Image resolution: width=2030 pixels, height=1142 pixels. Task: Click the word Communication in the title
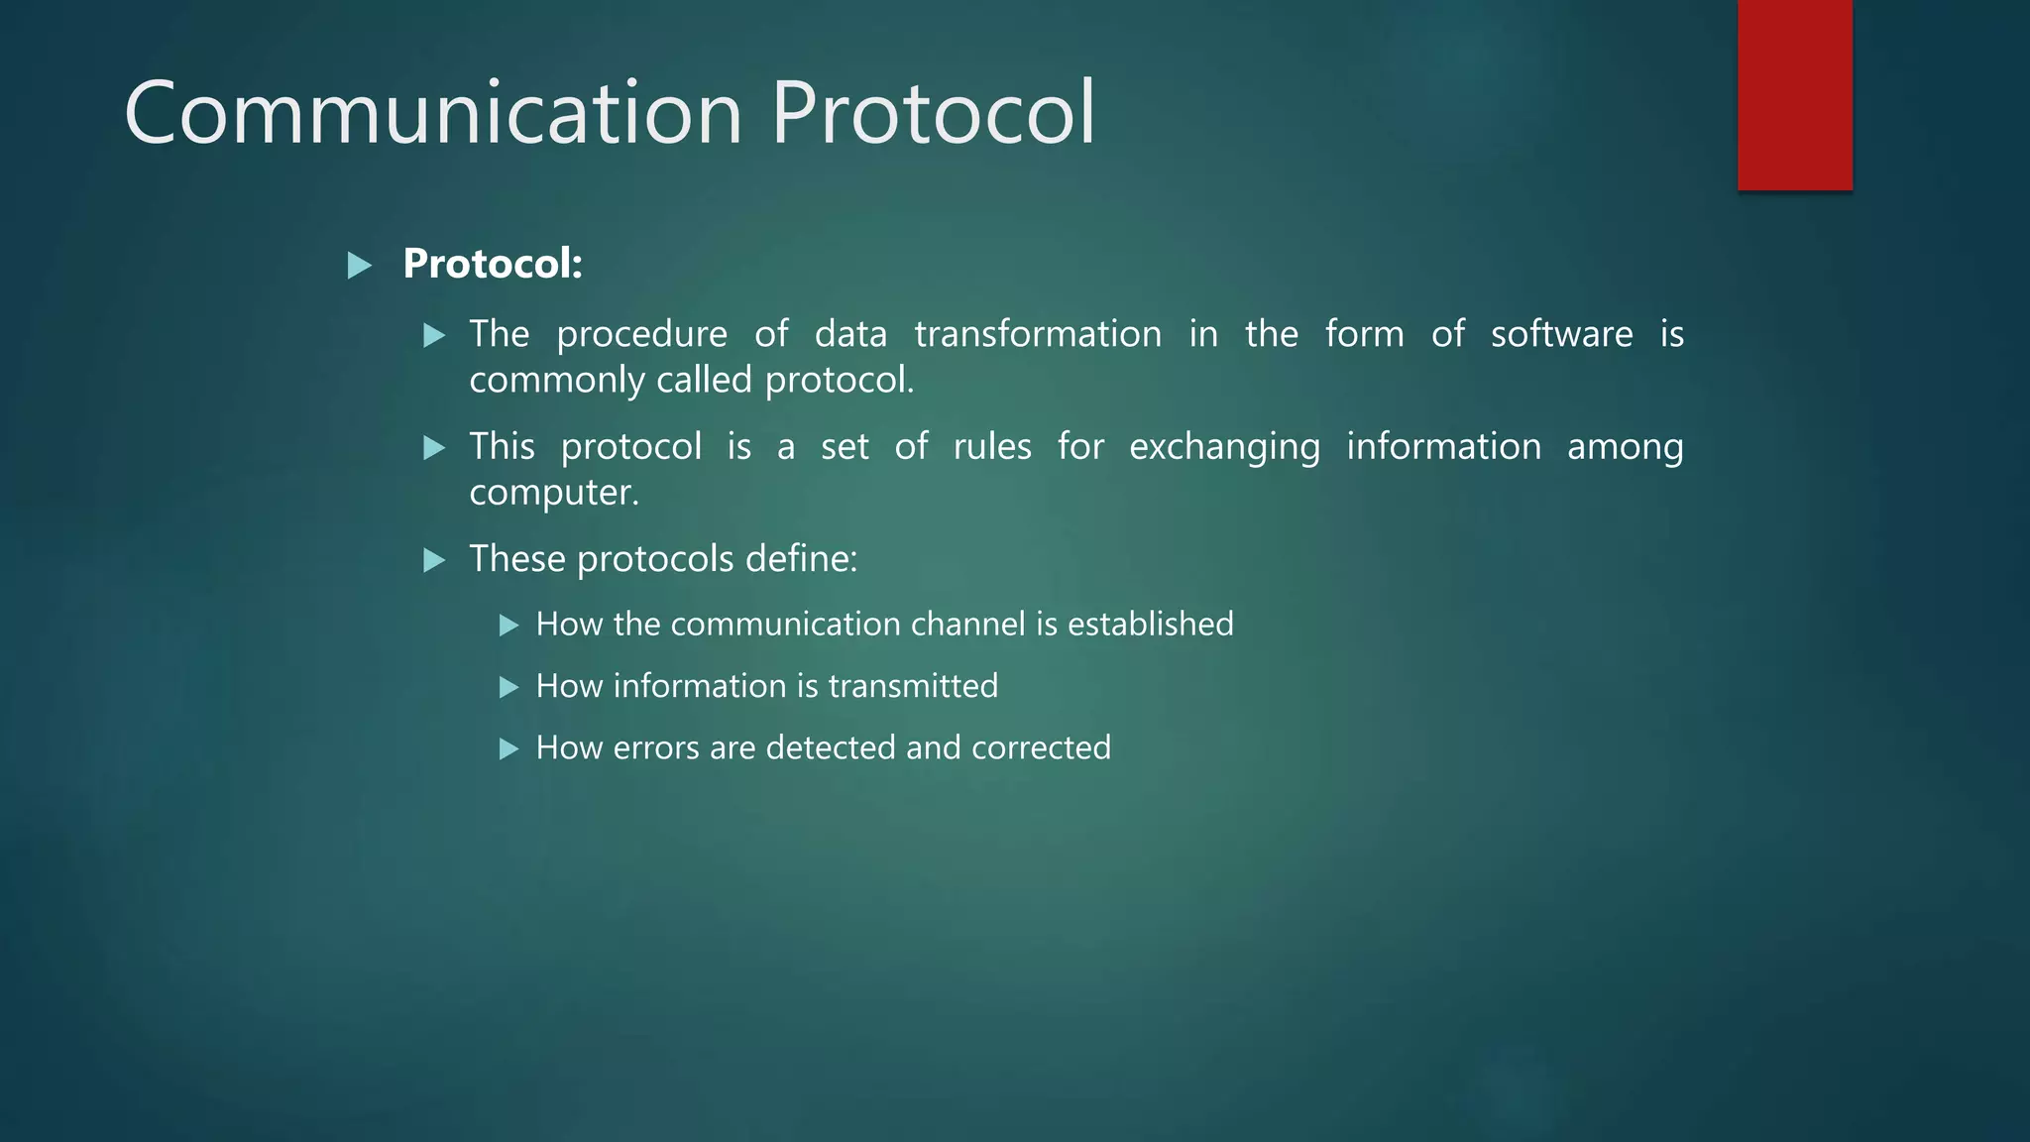(433, 113)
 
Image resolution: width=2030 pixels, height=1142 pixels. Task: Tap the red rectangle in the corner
(1794, 95)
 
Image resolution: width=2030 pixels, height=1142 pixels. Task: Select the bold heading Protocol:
(493, 264)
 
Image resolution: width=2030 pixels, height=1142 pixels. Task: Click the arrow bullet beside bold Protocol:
(360, 266)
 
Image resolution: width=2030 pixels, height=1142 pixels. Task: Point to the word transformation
(1038, 334)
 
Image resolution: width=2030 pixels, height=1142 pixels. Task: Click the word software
(1561, 334)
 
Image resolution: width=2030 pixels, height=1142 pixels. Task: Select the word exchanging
(1224, 447)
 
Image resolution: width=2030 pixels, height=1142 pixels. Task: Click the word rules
(992, 447)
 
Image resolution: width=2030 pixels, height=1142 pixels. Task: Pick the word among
(1625, 447)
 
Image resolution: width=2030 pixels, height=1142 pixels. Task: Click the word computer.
(553, 493)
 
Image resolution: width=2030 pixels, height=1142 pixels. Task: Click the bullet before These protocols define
(434, 561)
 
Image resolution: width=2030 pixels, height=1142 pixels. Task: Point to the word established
(1150, 625)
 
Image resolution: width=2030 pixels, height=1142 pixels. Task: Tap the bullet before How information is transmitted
(509, 687)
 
